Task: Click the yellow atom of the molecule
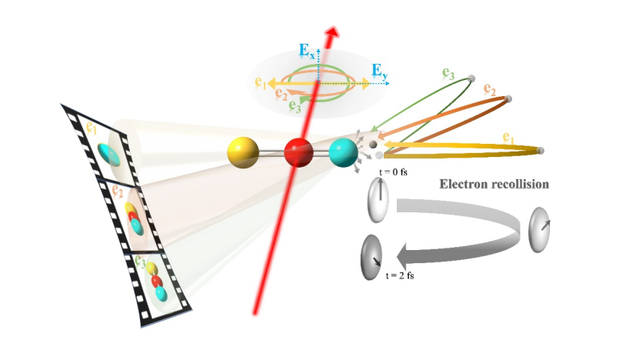[241, 150]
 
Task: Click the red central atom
[298, 152]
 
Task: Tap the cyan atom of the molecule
[342, 152]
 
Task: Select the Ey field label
[381, 72]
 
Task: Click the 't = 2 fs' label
[401, 275]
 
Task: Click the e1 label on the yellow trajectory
[508, 138]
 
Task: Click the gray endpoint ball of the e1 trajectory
[541, 150]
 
